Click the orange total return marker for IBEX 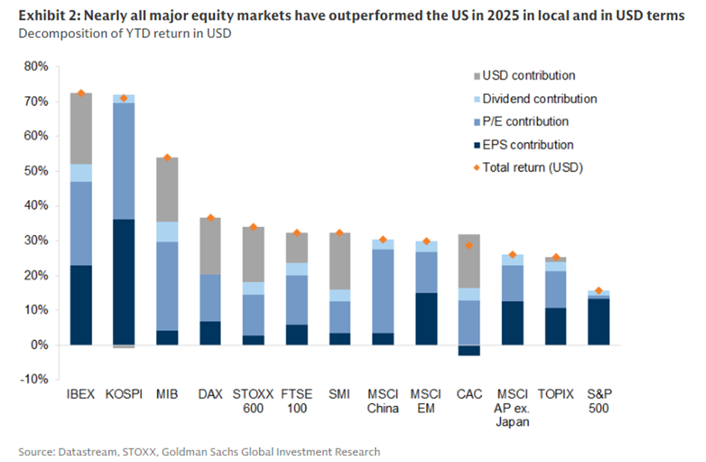coord(81,93)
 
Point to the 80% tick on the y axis coord(35,66)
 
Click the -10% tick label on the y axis coord(33,380)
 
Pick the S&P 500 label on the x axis coord(598,401)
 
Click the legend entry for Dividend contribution coord(539,99)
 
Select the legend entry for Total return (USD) coord(532,167)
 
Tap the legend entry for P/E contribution coord(525,122)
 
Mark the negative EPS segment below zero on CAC coord(469,350)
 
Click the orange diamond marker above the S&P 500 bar coord(598,291)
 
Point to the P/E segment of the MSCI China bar coord(383,291)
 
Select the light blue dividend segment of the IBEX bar coord(81,172)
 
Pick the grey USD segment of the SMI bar coord(340,260)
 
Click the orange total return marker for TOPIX coord(556,257)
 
